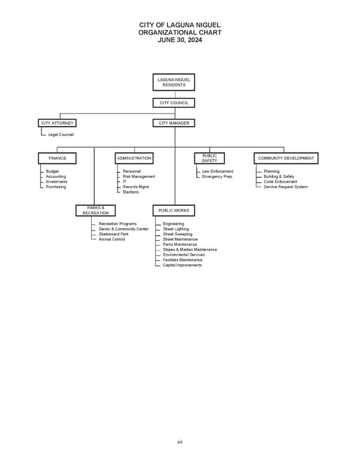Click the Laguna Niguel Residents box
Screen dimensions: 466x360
[x=173, y=82]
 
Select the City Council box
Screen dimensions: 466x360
[x=173, y=103]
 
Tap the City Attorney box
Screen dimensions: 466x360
[x=58, y=123]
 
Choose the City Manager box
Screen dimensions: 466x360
[x=173, y=123]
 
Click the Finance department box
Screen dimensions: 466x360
[x=58, y=158]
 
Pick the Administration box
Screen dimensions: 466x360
[x=134, y=158]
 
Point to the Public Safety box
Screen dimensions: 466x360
[x=209, y=158]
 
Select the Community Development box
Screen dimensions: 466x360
[x=286, y=158]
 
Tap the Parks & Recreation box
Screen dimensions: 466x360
[x=95, y=210]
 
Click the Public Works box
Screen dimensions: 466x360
[x=173, y=210]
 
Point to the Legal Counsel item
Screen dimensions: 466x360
[x=61, y=135]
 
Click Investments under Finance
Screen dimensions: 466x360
[x=56, y=181]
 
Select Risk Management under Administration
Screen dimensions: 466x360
[x=139, y=177]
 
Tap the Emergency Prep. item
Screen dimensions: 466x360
[x=217, y=177]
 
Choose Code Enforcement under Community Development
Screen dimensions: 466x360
[x=280, y=181]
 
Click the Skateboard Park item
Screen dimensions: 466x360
[x=113, y=234]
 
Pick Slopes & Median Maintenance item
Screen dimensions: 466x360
[x=190, y=249]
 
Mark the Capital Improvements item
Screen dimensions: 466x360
[x=182, y=265]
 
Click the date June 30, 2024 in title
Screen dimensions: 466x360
[x=179, y=40]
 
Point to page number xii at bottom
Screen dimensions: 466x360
[x=179, y=442]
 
